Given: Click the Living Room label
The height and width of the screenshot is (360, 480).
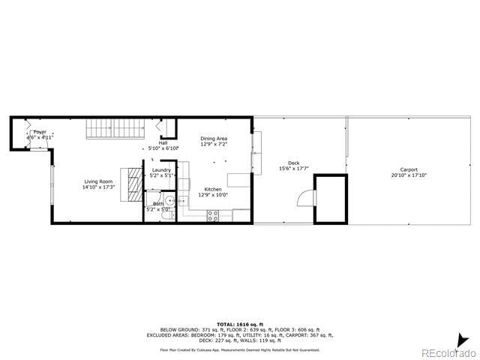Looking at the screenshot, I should (x=97, y=181).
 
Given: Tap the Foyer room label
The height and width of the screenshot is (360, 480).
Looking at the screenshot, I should (x=39, y=132).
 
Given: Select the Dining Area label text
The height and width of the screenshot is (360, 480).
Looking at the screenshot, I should (x=214, y=139).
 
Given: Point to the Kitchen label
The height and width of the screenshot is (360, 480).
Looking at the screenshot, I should (x=213, y=189).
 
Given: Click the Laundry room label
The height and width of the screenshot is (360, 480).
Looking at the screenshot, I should (x=161, y=170).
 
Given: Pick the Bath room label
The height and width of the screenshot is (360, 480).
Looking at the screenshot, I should (x=158, y=203).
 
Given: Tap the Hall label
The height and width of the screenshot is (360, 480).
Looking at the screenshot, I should (x=163, y=142).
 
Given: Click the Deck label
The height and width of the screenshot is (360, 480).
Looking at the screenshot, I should (x=293, y=163).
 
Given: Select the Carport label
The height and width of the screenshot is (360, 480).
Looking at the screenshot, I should (x=409, y=169).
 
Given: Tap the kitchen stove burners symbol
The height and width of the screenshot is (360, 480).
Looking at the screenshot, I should (x=213, y=216).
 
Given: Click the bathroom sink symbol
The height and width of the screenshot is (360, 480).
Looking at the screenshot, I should (x=170, y=201).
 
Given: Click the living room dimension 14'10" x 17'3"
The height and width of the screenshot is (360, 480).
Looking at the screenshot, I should (x=97, y=187).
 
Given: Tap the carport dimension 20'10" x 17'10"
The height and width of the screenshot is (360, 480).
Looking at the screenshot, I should (x=409, y=175).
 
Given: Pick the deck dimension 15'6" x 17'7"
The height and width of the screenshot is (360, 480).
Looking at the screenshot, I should (x=293, y=169).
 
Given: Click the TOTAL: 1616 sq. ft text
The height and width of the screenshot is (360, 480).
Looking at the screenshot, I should (x=240, y=323).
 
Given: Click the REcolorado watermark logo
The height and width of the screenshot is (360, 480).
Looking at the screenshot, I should (x=448, y=352).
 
